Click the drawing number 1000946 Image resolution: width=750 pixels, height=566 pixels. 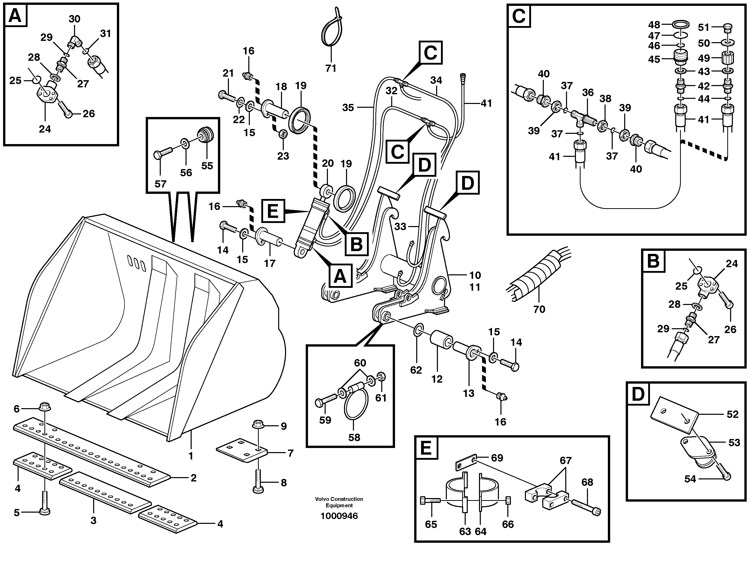tap(339, 516)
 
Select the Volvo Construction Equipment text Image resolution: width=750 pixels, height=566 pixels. tap(339, 502)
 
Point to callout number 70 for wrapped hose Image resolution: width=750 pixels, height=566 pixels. tap(539, 309)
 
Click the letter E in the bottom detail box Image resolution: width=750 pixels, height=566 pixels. tap(426, 448)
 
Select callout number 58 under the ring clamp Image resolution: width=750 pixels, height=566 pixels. tap(354, 437)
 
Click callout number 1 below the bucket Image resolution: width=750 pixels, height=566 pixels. tap(191, 456)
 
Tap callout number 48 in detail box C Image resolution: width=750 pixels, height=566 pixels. tap(654, 25)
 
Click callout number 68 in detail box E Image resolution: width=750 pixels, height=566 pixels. tap(587, 482)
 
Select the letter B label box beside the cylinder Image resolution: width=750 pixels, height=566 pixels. tap(356, 244)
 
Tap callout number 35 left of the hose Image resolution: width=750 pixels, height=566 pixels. tap(348, 108)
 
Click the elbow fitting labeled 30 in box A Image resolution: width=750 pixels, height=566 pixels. tap(74, 42)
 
